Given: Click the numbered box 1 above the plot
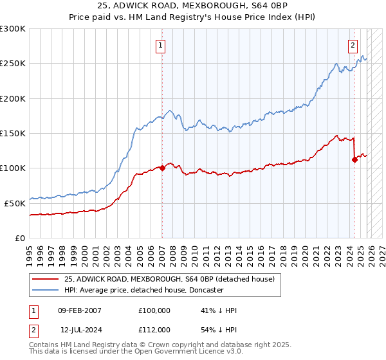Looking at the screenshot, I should point(160,45).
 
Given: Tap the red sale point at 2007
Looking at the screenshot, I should point(161,168).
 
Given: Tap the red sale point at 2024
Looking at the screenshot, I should point(354,160).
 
